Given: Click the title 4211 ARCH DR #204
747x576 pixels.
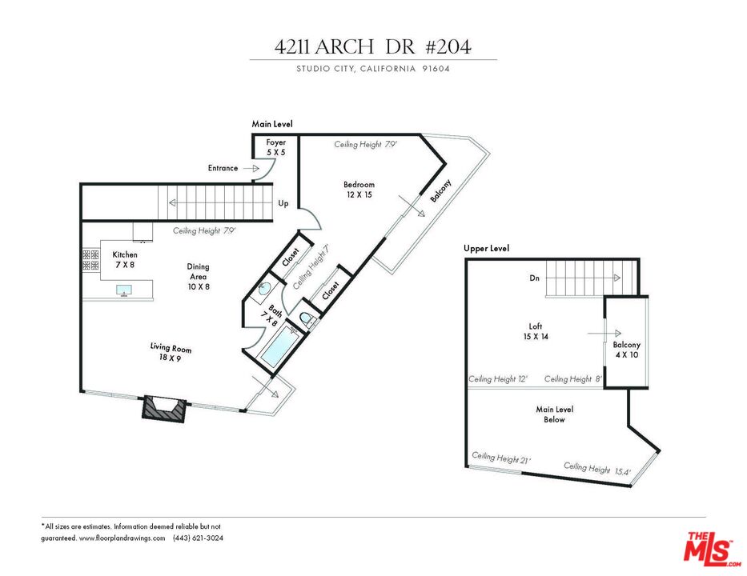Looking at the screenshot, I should tap(372, 46).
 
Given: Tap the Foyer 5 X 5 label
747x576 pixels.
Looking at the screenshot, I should tap(275, 146).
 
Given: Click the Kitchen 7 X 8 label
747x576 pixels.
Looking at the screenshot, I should tap(125, 260).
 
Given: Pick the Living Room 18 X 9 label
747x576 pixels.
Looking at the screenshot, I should tap(171, 353).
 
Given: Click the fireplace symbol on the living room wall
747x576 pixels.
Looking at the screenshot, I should tap(163, 409).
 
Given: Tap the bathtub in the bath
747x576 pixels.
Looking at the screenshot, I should tap(279, 346).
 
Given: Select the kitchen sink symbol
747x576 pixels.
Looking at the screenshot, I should tap(125, 290).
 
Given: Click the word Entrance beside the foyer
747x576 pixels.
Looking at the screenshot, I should tap(223, 168).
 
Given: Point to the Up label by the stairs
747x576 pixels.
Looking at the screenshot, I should tap(283, 203).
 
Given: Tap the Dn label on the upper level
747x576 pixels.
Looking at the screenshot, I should tap(533, 279).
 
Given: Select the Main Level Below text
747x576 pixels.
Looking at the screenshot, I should tap(554, 414).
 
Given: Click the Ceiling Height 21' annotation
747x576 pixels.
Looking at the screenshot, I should tap(500, 458).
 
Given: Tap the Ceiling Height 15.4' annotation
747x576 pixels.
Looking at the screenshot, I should tap(597, 470).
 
